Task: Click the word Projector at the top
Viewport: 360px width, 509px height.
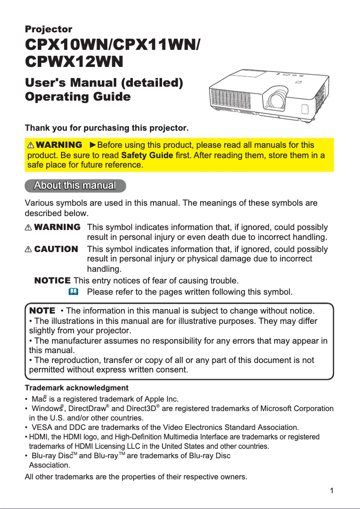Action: pos(48,29)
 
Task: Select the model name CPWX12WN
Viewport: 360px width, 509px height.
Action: pos(74,62)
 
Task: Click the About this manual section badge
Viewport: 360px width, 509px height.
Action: pos(75,186)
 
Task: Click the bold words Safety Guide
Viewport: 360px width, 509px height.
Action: pos(147,155)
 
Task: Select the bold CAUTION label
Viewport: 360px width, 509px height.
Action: pos(56,249)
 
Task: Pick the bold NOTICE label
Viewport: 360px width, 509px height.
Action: pos(53,281)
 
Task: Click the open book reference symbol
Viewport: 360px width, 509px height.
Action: pos(74,292)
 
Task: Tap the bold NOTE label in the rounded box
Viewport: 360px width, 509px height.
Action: pos(42,311)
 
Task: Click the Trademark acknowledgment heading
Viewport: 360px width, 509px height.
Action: pos(76,388)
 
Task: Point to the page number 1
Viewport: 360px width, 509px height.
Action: pos(331,491)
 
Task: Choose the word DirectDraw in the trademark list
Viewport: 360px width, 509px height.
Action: pos(87,409)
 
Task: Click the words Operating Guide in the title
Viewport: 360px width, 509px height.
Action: pos(78,97)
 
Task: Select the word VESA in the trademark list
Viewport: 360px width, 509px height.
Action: pos(42,427)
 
